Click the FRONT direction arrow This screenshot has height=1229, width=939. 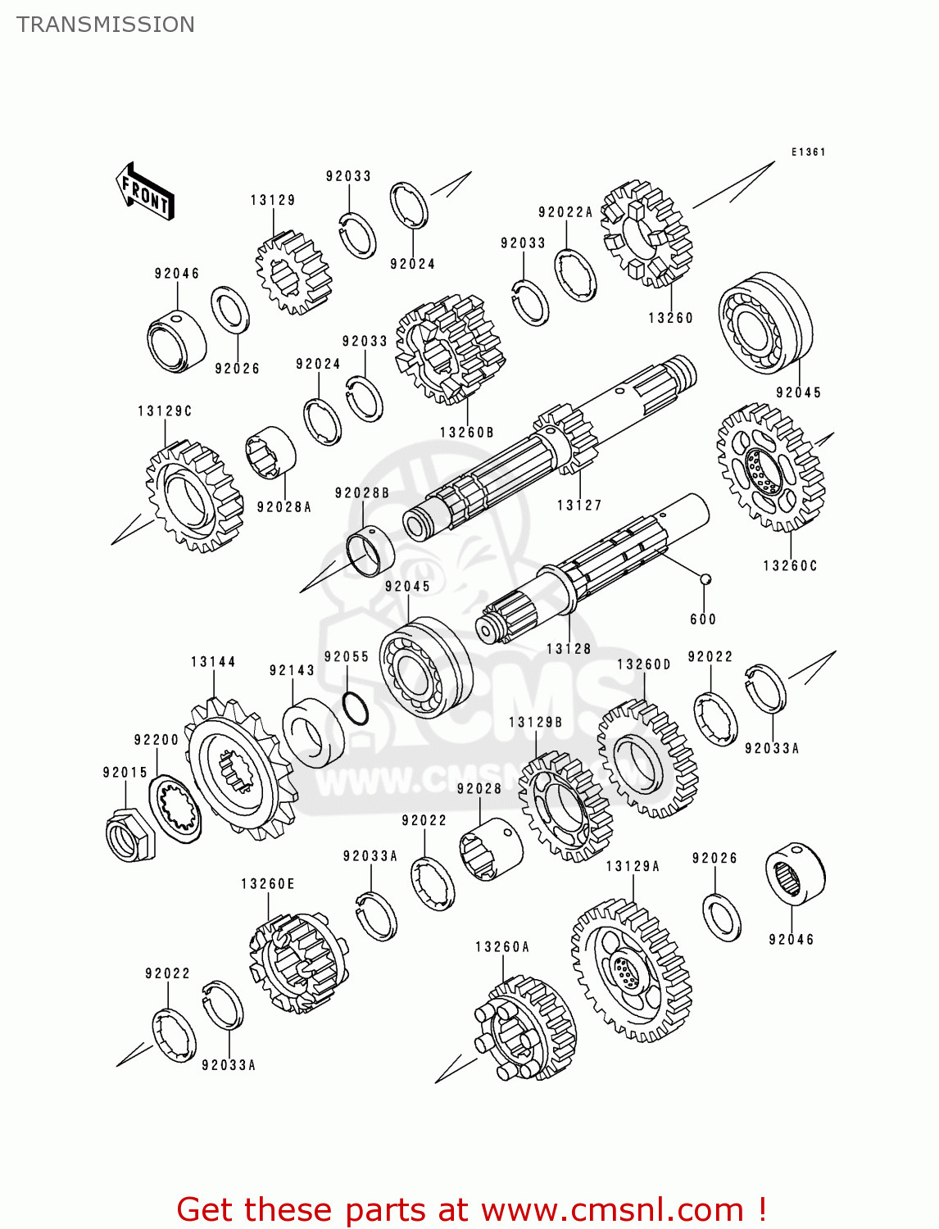[x=145, y=192]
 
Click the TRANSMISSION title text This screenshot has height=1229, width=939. [x=106, y=25]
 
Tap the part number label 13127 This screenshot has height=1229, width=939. [x=579, y=506]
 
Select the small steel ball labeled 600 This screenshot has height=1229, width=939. [x=704, y=579]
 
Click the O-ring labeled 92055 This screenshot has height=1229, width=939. [x=355, y=709]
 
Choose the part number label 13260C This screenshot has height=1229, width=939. [x=790, y=565]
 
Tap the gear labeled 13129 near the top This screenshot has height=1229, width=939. [x=293, y=273]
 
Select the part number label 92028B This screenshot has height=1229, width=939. [x=361, y=492]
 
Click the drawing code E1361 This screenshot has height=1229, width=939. [x=808, y=152]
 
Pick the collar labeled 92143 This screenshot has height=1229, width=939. [x=313, y=732]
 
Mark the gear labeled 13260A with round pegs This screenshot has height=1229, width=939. [x=524, y=1029]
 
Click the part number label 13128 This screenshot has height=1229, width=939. [x=569, y=648]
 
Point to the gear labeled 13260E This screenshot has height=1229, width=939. [x=298, y=964]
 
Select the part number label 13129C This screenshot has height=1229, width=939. [x=165, y=410]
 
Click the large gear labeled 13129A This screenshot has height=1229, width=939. [x=631, y=971]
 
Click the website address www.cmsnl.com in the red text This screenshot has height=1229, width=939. [x=611, y=1209]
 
